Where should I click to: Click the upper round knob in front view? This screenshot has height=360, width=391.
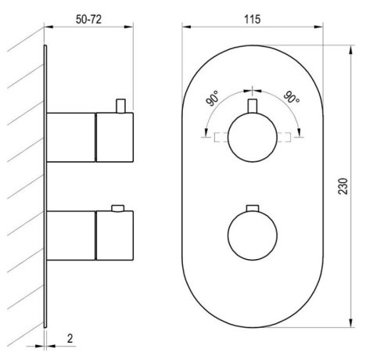[251, 136]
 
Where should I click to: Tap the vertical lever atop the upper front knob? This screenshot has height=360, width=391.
[251, 109]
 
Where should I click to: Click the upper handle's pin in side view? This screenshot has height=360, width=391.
[120, 105]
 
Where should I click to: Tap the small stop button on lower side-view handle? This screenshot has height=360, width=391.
[118, 208]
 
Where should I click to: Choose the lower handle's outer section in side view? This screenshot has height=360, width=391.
[115, 235]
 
